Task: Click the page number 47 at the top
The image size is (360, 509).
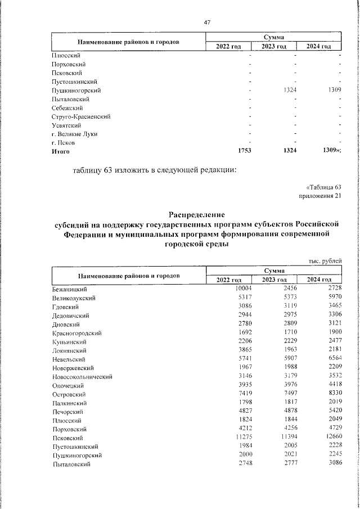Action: (207, 22)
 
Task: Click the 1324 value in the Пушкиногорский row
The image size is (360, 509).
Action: (288, 90)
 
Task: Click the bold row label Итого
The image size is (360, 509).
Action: (60, 151)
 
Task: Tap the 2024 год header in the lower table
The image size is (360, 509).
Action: (318, 280)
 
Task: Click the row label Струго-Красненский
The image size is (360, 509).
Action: (80, 116)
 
